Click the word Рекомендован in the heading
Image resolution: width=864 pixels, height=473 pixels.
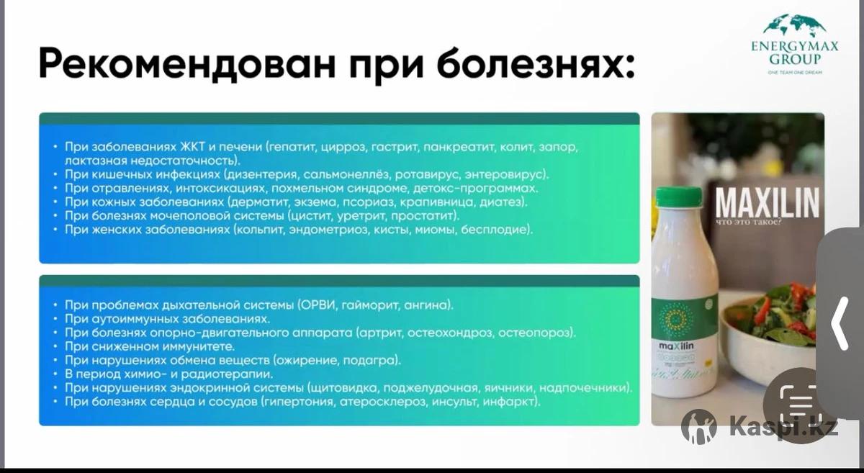(x=188, y=63)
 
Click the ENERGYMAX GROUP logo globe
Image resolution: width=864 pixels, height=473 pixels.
(x=795, y=26)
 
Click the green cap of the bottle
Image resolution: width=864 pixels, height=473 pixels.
(x=679, y=197)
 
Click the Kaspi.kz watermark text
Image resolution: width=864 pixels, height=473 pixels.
(x=783, y=428)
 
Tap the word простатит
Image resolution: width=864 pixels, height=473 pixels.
(x=425, y=216)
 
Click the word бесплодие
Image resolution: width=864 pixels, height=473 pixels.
(x=496, y=230)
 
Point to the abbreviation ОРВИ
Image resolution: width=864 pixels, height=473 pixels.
(x=315, y=305)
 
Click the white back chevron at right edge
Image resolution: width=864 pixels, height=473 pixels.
(x=840, y=323)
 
